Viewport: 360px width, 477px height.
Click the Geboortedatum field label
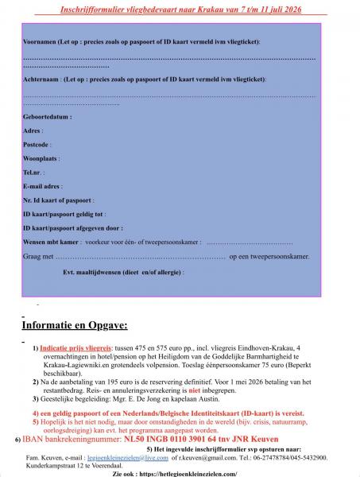click(x=48, y=116)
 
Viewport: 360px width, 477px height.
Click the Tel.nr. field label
click(x=34, y=172)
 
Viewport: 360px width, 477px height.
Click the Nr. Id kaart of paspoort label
click(x=59, y=200)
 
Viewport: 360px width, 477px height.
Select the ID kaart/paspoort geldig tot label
click(x=64, y=215)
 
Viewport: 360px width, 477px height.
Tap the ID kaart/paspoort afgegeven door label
click(x=72, y=228)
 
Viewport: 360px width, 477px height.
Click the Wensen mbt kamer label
click(x=52, y=242)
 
